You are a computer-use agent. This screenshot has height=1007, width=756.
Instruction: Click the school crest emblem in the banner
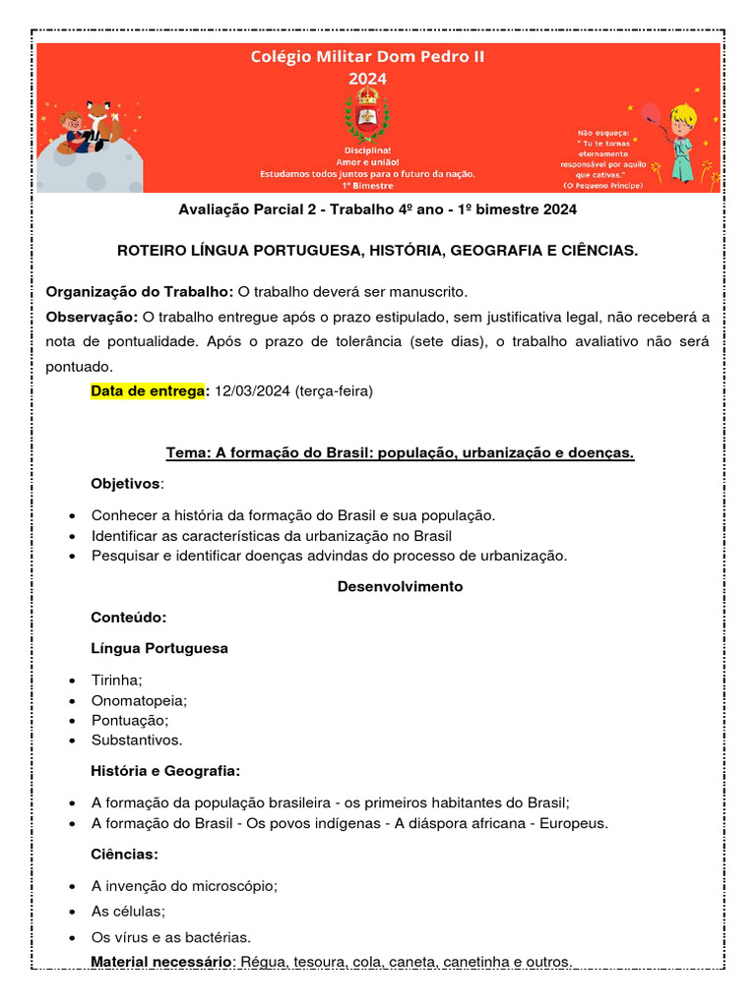pyautogui.click(x=366, y=116)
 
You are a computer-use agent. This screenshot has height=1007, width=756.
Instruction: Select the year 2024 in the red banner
pyautogui.click(x=367, y=79)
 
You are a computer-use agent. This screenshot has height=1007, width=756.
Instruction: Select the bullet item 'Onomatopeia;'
pyautogui.click(x=139, y=700)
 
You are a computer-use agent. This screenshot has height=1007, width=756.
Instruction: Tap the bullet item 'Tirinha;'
pyautogui.click(x=117, y=681)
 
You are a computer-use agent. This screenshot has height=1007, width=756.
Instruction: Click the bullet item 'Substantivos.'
pyautogui.click(x=137, y=740)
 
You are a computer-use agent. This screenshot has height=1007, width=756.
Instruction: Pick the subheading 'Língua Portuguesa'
pyautogui.click(x=159, y=648)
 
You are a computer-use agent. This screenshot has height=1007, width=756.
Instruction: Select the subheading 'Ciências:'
pyautogui.click(x=124, y=854)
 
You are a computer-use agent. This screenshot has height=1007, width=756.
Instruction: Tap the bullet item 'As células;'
pyautogui.click(x=128, y=911)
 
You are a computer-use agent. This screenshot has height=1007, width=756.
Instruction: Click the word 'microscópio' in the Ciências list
pyautogui.click(x=236, y=885)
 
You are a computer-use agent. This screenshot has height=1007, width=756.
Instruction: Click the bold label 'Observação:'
pyautogui.click(x=93, y=317)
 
